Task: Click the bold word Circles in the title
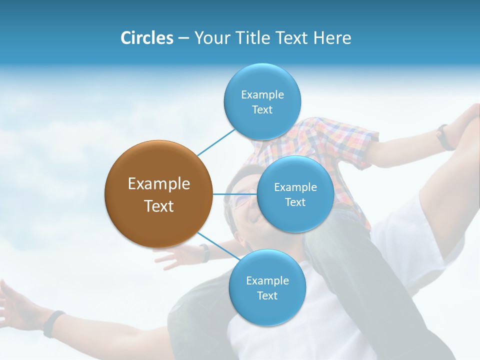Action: (146, 38)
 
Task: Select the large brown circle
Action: (158, 194)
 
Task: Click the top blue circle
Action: (262, 101)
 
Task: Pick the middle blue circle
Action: (295, 194)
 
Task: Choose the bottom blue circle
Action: (267, 287)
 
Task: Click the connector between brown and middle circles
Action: (234, 194)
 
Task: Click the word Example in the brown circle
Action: (159, 184)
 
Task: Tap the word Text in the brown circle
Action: (159, 206)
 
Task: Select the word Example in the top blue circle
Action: (262, 94)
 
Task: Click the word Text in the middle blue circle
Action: (295, 202)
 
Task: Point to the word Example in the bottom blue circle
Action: (267, 280)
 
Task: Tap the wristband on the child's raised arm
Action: (443, 137)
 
